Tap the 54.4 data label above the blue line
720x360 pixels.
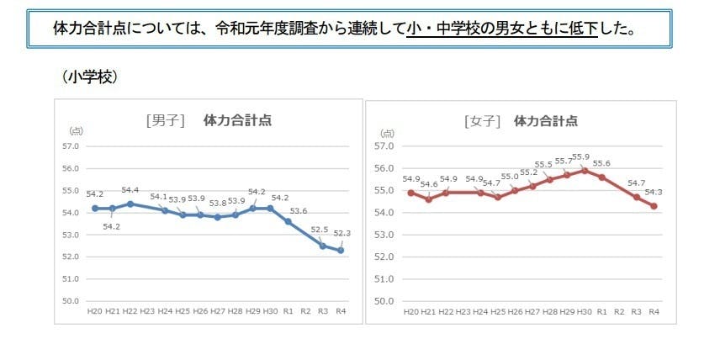131,190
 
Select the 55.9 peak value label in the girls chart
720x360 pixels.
581,156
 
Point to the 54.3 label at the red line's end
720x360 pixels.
654,192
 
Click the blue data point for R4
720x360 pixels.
341,250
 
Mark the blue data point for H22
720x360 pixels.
130,204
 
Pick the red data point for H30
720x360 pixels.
584,170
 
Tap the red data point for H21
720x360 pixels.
428,199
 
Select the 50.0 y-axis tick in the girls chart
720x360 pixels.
385,300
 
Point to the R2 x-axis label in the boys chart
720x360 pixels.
305,311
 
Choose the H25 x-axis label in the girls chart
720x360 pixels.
497,311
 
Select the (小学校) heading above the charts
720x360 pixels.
89,77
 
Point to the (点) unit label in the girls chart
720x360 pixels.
388,131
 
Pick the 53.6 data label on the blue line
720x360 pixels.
299,211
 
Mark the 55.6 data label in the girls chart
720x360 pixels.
602,163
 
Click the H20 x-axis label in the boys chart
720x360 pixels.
95,311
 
